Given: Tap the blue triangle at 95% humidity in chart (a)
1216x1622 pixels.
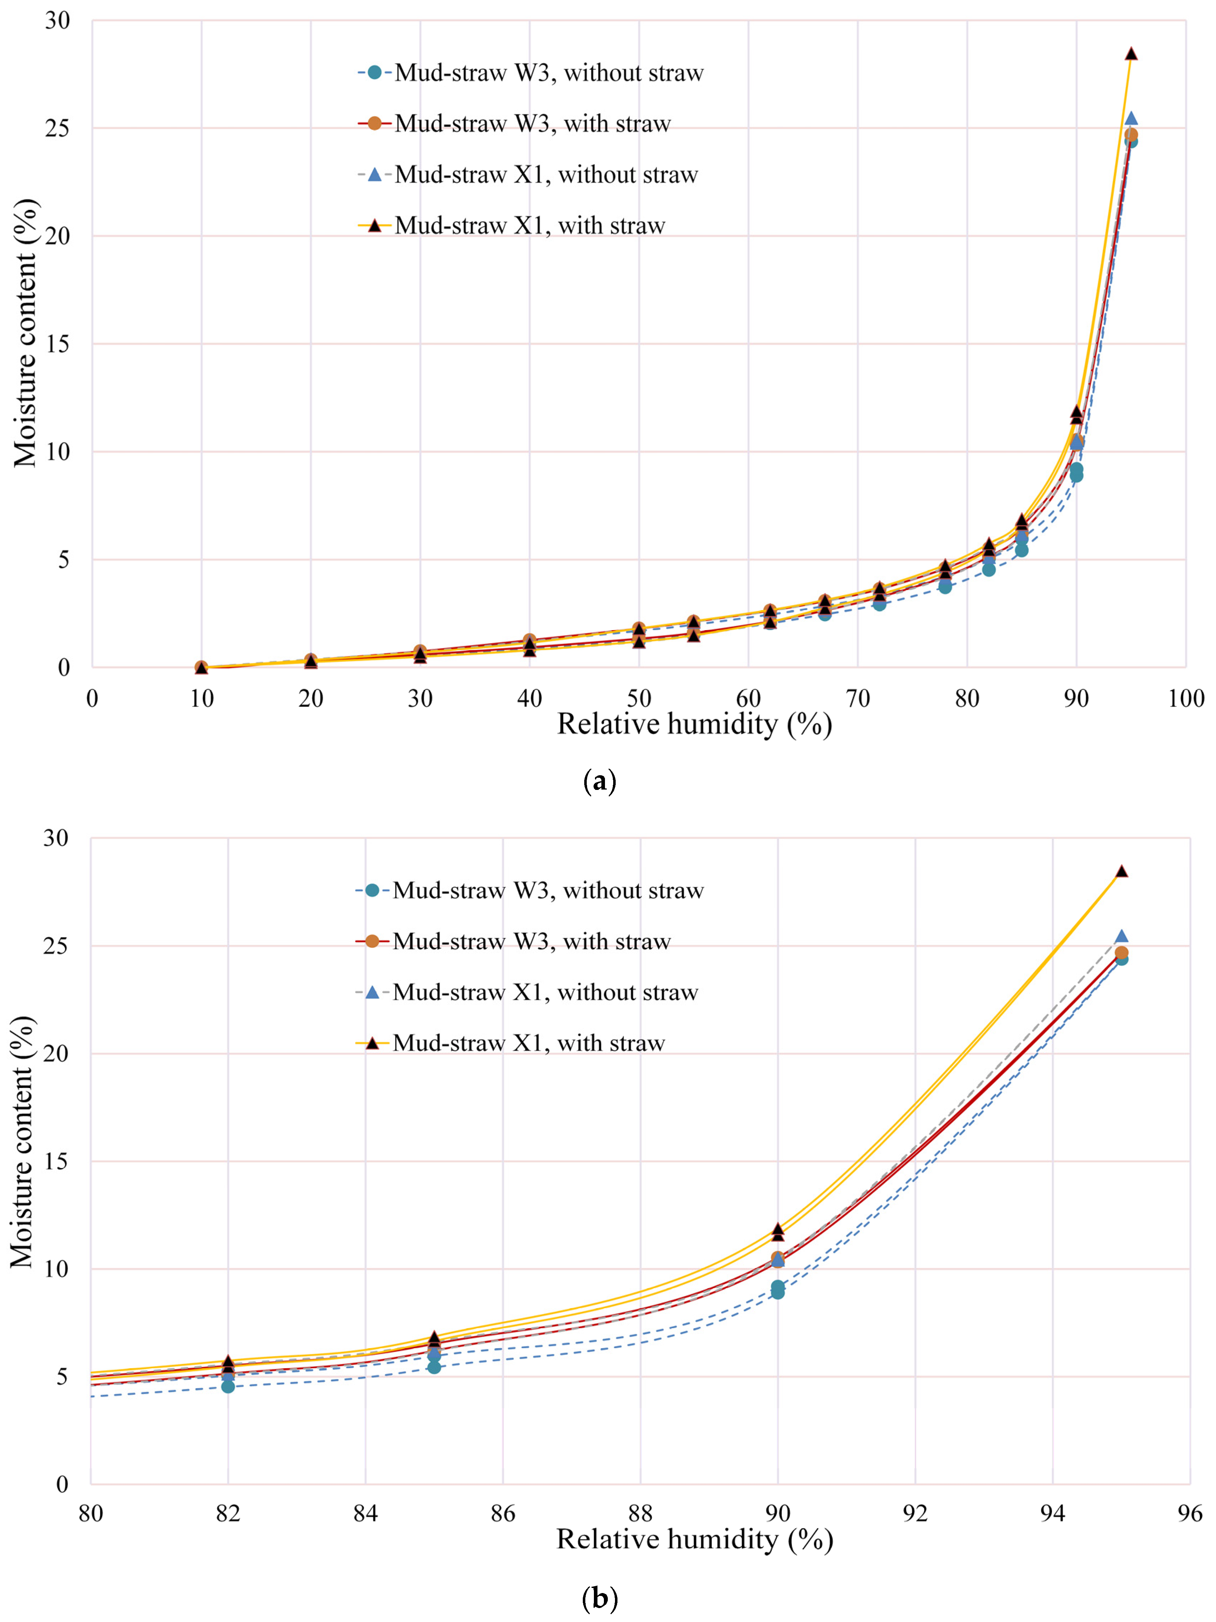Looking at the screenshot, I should coord(1131,119).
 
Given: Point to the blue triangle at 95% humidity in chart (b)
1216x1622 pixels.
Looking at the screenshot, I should coord(1121,936).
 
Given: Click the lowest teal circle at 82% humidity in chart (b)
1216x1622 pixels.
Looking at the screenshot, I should coord(228,1386).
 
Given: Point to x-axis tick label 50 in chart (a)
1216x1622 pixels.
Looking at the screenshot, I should coord(639,698).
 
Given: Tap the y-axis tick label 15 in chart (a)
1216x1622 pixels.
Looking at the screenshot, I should coord(57,344).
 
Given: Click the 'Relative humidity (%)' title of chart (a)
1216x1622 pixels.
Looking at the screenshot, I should coord(694,725).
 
